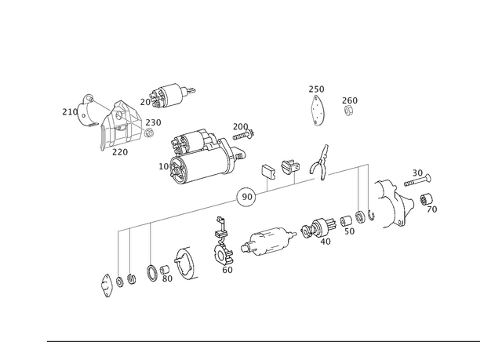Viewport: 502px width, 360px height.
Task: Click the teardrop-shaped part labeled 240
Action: tap(318, 109)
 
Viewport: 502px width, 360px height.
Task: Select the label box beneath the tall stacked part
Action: tap(227, 270)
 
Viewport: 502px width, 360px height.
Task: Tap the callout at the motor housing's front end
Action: tap(162, 165)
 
